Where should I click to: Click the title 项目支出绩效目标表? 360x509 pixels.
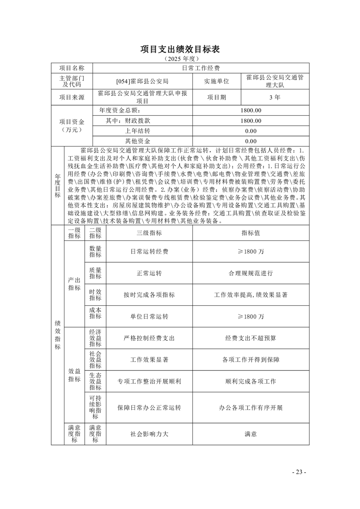click(x=180, y=49)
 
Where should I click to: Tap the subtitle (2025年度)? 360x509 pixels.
click(x=180, y=59)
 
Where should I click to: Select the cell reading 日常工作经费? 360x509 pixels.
click(x=200, y=68)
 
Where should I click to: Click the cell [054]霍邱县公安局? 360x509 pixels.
click(x=142, y=81)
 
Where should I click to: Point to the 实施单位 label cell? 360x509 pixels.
click(x=217, y=81)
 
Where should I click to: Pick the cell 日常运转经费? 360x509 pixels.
click(x=149, y=251)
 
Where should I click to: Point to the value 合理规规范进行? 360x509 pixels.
click(x=251, y=273)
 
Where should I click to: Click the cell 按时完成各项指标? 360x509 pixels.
click(x=149, y=294)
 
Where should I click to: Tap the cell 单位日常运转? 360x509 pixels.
click(x=149, y=316)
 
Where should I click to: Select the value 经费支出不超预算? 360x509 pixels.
click(x=251, y=338)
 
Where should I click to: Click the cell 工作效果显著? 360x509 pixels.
click(x=149, y=360)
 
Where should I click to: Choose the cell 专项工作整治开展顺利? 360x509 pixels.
click(x=149, y=382)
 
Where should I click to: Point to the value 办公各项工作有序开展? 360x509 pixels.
click(x=251, y=407)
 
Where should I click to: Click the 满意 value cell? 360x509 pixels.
click(x=251, y=434)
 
